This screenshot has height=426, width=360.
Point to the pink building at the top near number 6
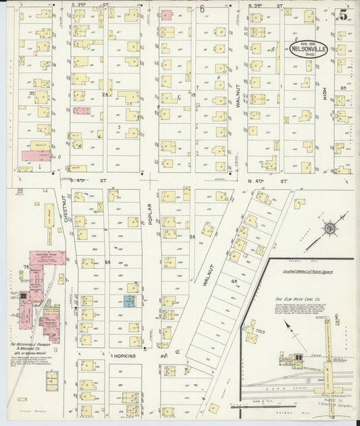166,14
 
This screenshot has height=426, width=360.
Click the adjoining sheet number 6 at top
202,8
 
